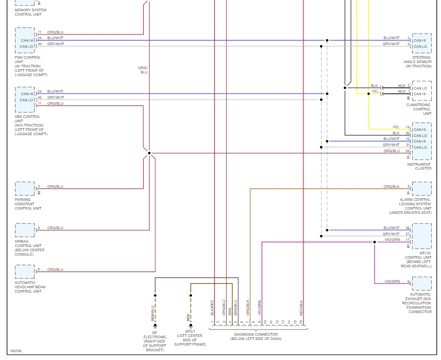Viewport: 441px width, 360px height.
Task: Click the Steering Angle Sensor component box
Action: [421, 43]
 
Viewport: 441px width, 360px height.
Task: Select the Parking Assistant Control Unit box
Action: [25, 189]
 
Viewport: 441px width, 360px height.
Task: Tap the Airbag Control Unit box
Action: [25, 230]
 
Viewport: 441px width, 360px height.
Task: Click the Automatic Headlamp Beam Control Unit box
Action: [25, 272]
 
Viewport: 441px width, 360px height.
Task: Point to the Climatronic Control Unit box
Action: [421, 91]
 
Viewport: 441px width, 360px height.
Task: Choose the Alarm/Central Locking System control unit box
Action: [421, 189]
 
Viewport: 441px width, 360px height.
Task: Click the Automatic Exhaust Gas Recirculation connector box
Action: [421, 283]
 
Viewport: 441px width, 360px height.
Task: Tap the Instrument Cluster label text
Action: [419, 167]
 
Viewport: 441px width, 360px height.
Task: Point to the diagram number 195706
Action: [15, 351]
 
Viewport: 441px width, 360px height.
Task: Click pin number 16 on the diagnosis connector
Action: [300, 322]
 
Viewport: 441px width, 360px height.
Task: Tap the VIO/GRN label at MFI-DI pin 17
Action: [392, 240]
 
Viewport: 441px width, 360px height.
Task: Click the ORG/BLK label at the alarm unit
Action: [391, 187]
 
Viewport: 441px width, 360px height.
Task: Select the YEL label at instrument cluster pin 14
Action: [396, 127]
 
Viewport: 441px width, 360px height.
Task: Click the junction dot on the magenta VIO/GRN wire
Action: [375, 242]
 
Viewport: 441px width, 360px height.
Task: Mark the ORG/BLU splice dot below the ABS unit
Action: [149, 153]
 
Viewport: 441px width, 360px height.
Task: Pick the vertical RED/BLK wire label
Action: [301, 307]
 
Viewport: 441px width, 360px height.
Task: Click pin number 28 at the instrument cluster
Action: [408, 151]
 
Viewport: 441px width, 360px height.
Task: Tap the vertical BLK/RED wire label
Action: [212, 307]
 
